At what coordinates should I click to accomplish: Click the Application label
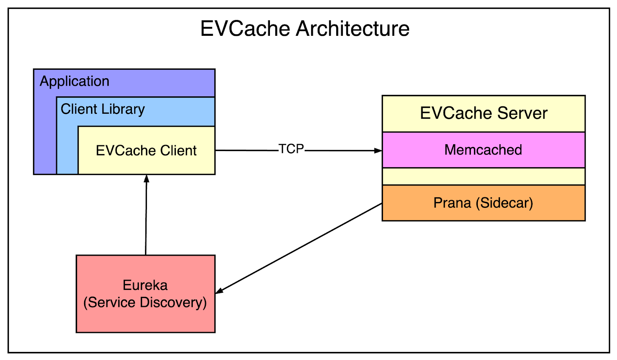coord(74,81)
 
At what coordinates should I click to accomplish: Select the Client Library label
coord(103,109)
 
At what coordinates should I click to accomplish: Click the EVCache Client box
coord(146,150)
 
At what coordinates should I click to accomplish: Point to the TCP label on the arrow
coord(291,149)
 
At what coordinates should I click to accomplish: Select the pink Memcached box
coord(483,150)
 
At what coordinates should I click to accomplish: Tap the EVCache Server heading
coord(484,113)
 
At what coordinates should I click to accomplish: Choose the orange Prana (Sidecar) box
coord(483,203)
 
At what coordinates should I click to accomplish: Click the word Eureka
coord(145,285)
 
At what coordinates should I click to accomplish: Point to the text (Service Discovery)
coord(145,303)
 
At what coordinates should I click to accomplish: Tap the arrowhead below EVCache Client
coord(147,179)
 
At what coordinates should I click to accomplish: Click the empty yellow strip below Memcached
coord(483,177)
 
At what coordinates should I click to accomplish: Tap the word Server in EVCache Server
coord(522,113)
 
